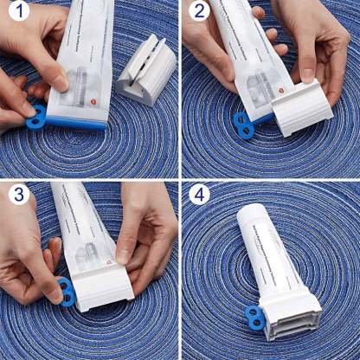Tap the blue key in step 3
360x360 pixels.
66,292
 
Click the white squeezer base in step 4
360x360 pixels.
293,318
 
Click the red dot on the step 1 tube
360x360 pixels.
96,98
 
